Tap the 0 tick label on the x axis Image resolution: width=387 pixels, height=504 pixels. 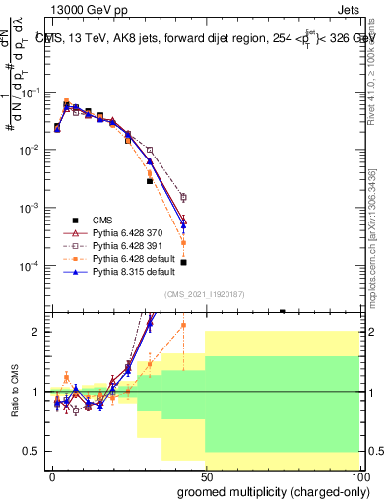pos(52,474)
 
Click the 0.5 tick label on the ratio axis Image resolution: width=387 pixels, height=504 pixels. pos(32,451)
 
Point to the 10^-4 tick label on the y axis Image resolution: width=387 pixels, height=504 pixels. pos(31,267)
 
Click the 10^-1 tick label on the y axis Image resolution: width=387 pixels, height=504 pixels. pos(31,93)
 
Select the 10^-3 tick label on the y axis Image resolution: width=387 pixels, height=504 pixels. pos(31,209)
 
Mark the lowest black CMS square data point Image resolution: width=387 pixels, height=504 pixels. pos(183,262)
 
